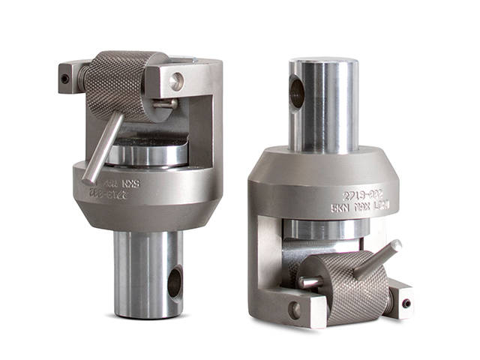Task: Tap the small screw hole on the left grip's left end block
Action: click(x=66, y=78)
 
